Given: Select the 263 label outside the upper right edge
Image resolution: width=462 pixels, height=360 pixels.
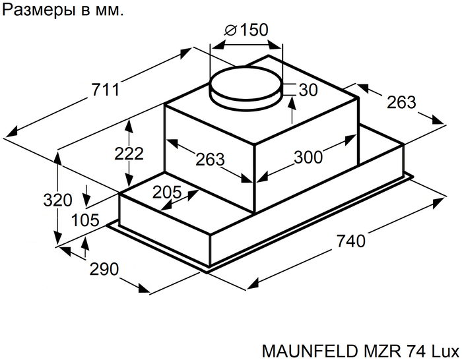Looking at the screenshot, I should (x=401, y=102).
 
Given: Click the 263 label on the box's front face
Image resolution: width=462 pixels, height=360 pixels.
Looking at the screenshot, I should (x=211, y=159).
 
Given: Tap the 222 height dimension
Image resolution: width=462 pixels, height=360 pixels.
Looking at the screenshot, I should (x=129, y=154).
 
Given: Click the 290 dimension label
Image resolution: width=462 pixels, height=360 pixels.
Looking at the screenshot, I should (x=104, y=269).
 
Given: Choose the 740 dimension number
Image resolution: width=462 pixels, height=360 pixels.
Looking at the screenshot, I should (x=350, y=241).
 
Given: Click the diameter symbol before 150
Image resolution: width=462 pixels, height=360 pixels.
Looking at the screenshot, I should (x=231, y=30).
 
